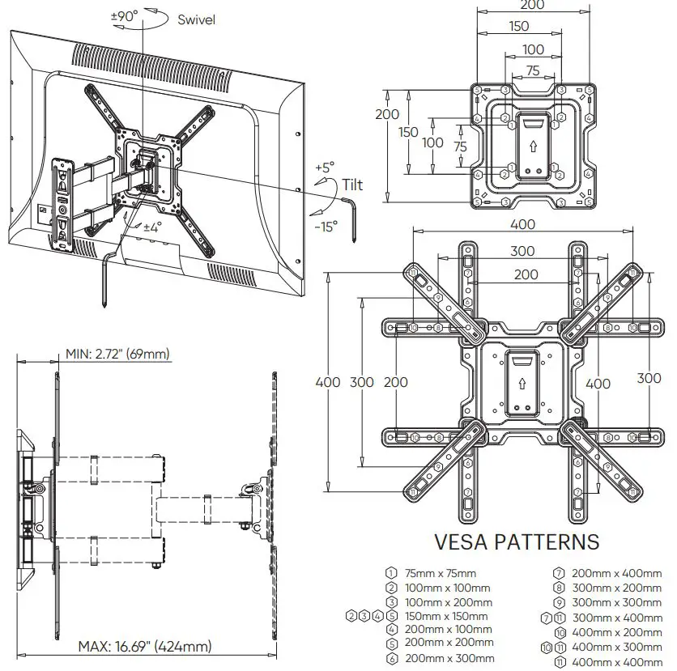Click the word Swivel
(x=196, y=19)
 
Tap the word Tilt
(x=352, y=185)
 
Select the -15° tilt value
(x=325, y=227)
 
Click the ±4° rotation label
(x=151, y=226)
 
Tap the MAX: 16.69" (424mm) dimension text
(x=145, y=646)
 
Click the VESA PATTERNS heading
(x=517, y=541)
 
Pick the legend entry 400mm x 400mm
(x=611, y=661)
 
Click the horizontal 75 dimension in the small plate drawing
(x=532, y=71)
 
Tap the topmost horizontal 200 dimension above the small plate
(x=532, y=5)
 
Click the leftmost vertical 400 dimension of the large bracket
(x=328, y=382)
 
